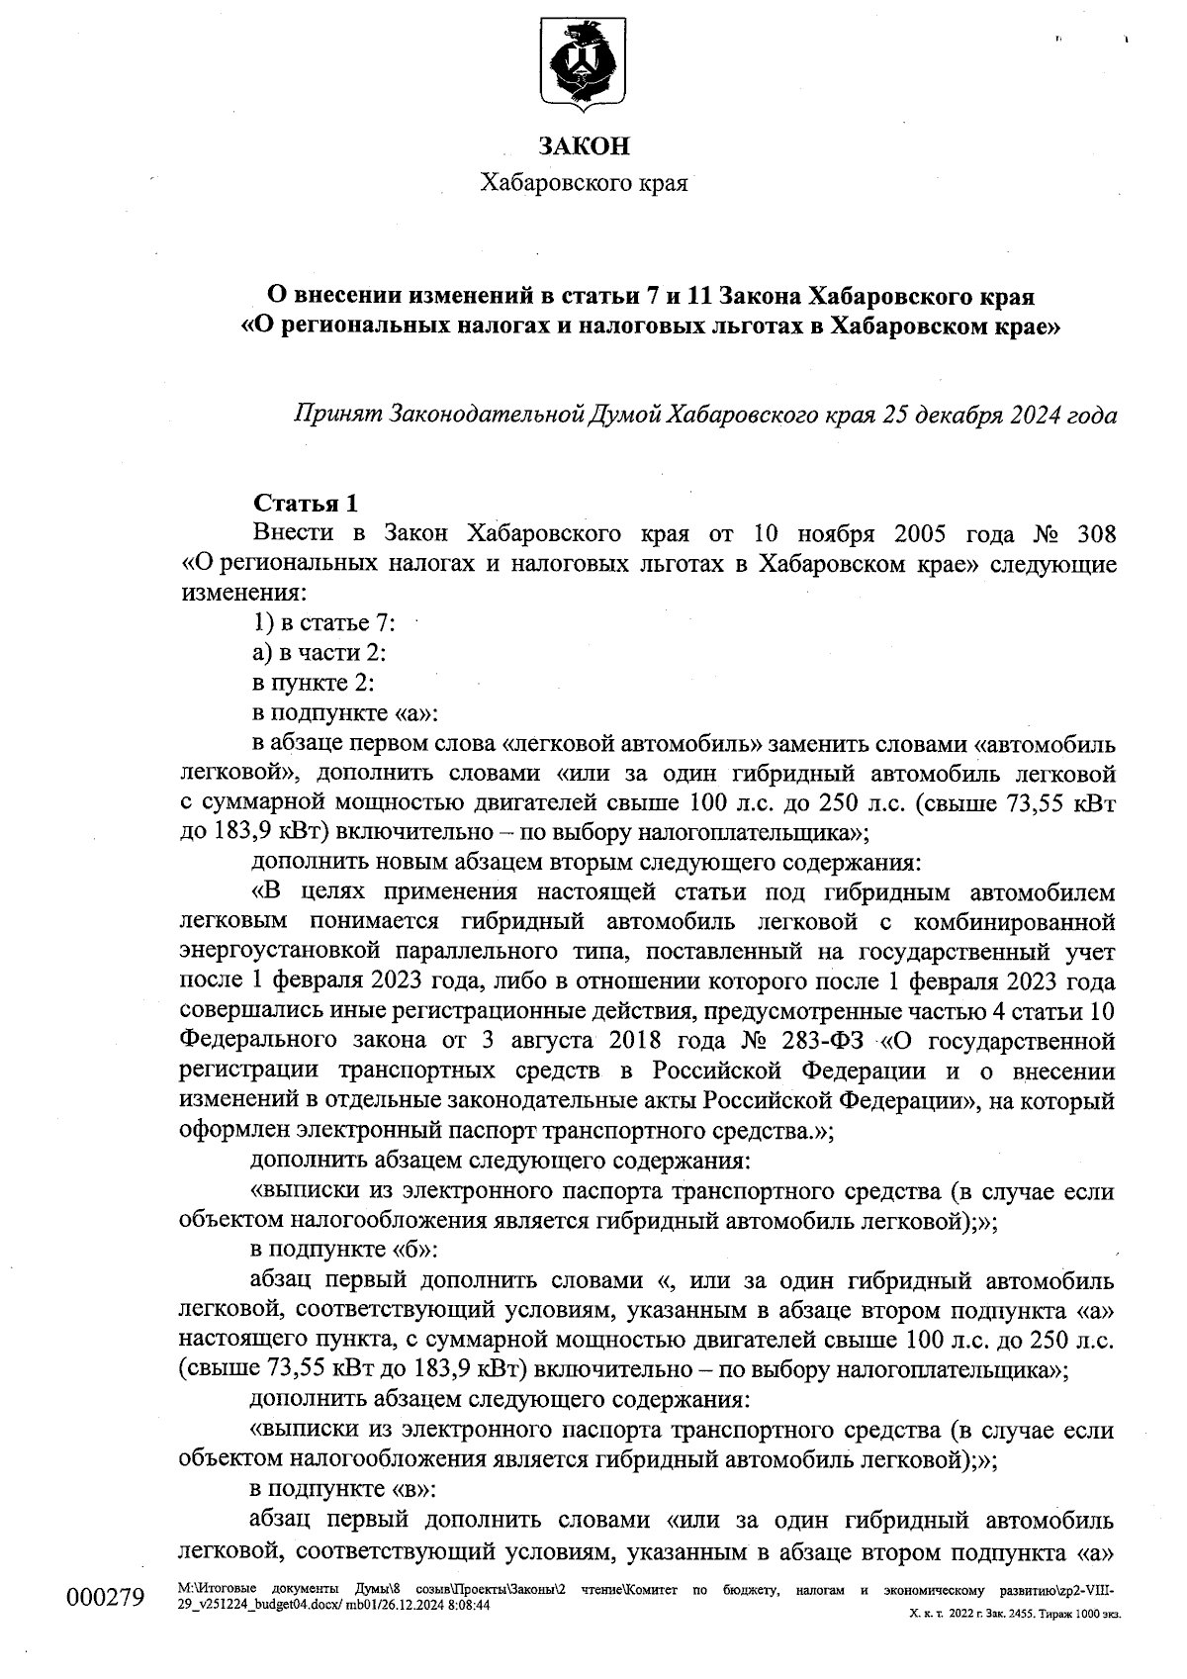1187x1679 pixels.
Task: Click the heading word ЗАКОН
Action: click(584, 146)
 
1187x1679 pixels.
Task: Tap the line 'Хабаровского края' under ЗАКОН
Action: click(584, 183)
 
